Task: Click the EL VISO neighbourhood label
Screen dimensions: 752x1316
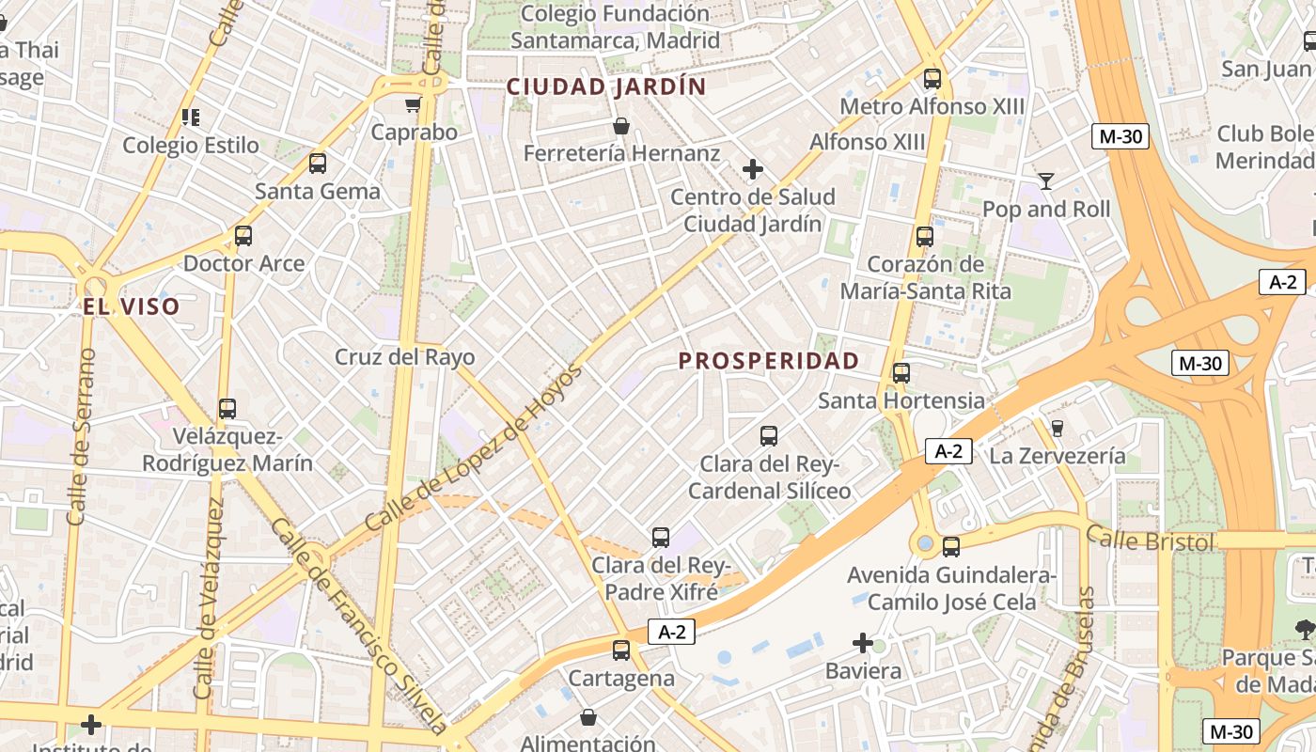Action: [x=131, y=306]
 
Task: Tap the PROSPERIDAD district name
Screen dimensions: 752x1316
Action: [x=769, y=361]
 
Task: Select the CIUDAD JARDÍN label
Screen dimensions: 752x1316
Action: [x=606, y=86]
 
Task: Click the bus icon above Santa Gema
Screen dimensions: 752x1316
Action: [x=318, y=164]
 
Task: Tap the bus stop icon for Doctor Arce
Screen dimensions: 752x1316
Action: [x=243, y=236]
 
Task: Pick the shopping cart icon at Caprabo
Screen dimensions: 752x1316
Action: [x=413, y=104]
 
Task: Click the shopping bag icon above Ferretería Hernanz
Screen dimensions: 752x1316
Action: [x=620, y=126]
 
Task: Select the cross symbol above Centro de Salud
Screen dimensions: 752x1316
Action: [x=752, y=169]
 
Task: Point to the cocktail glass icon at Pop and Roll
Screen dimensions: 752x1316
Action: [x=1045, y=180]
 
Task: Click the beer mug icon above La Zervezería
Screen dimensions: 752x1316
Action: [x=1057, y=429]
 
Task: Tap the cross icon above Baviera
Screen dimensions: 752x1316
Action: [x=863, y=643]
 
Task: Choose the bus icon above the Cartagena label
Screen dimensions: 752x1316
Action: [x=620, y=650]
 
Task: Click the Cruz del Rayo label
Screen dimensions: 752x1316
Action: [x=405, y=357]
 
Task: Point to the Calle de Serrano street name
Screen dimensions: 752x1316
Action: [x=83, y=436]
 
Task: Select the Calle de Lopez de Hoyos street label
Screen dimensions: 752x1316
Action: [x=475, y=446]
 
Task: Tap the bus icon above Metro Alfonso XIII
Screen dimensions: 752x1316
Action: [x=932, y=79]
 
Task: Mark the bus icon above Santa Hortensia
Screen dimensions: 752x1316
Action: [x=901, y=373]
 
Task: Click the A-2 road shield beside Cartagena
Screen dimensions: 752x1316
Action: [x=671, y=633]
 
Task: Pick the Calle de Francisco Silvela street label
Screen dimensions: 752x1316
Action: [x=358, y=625]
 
